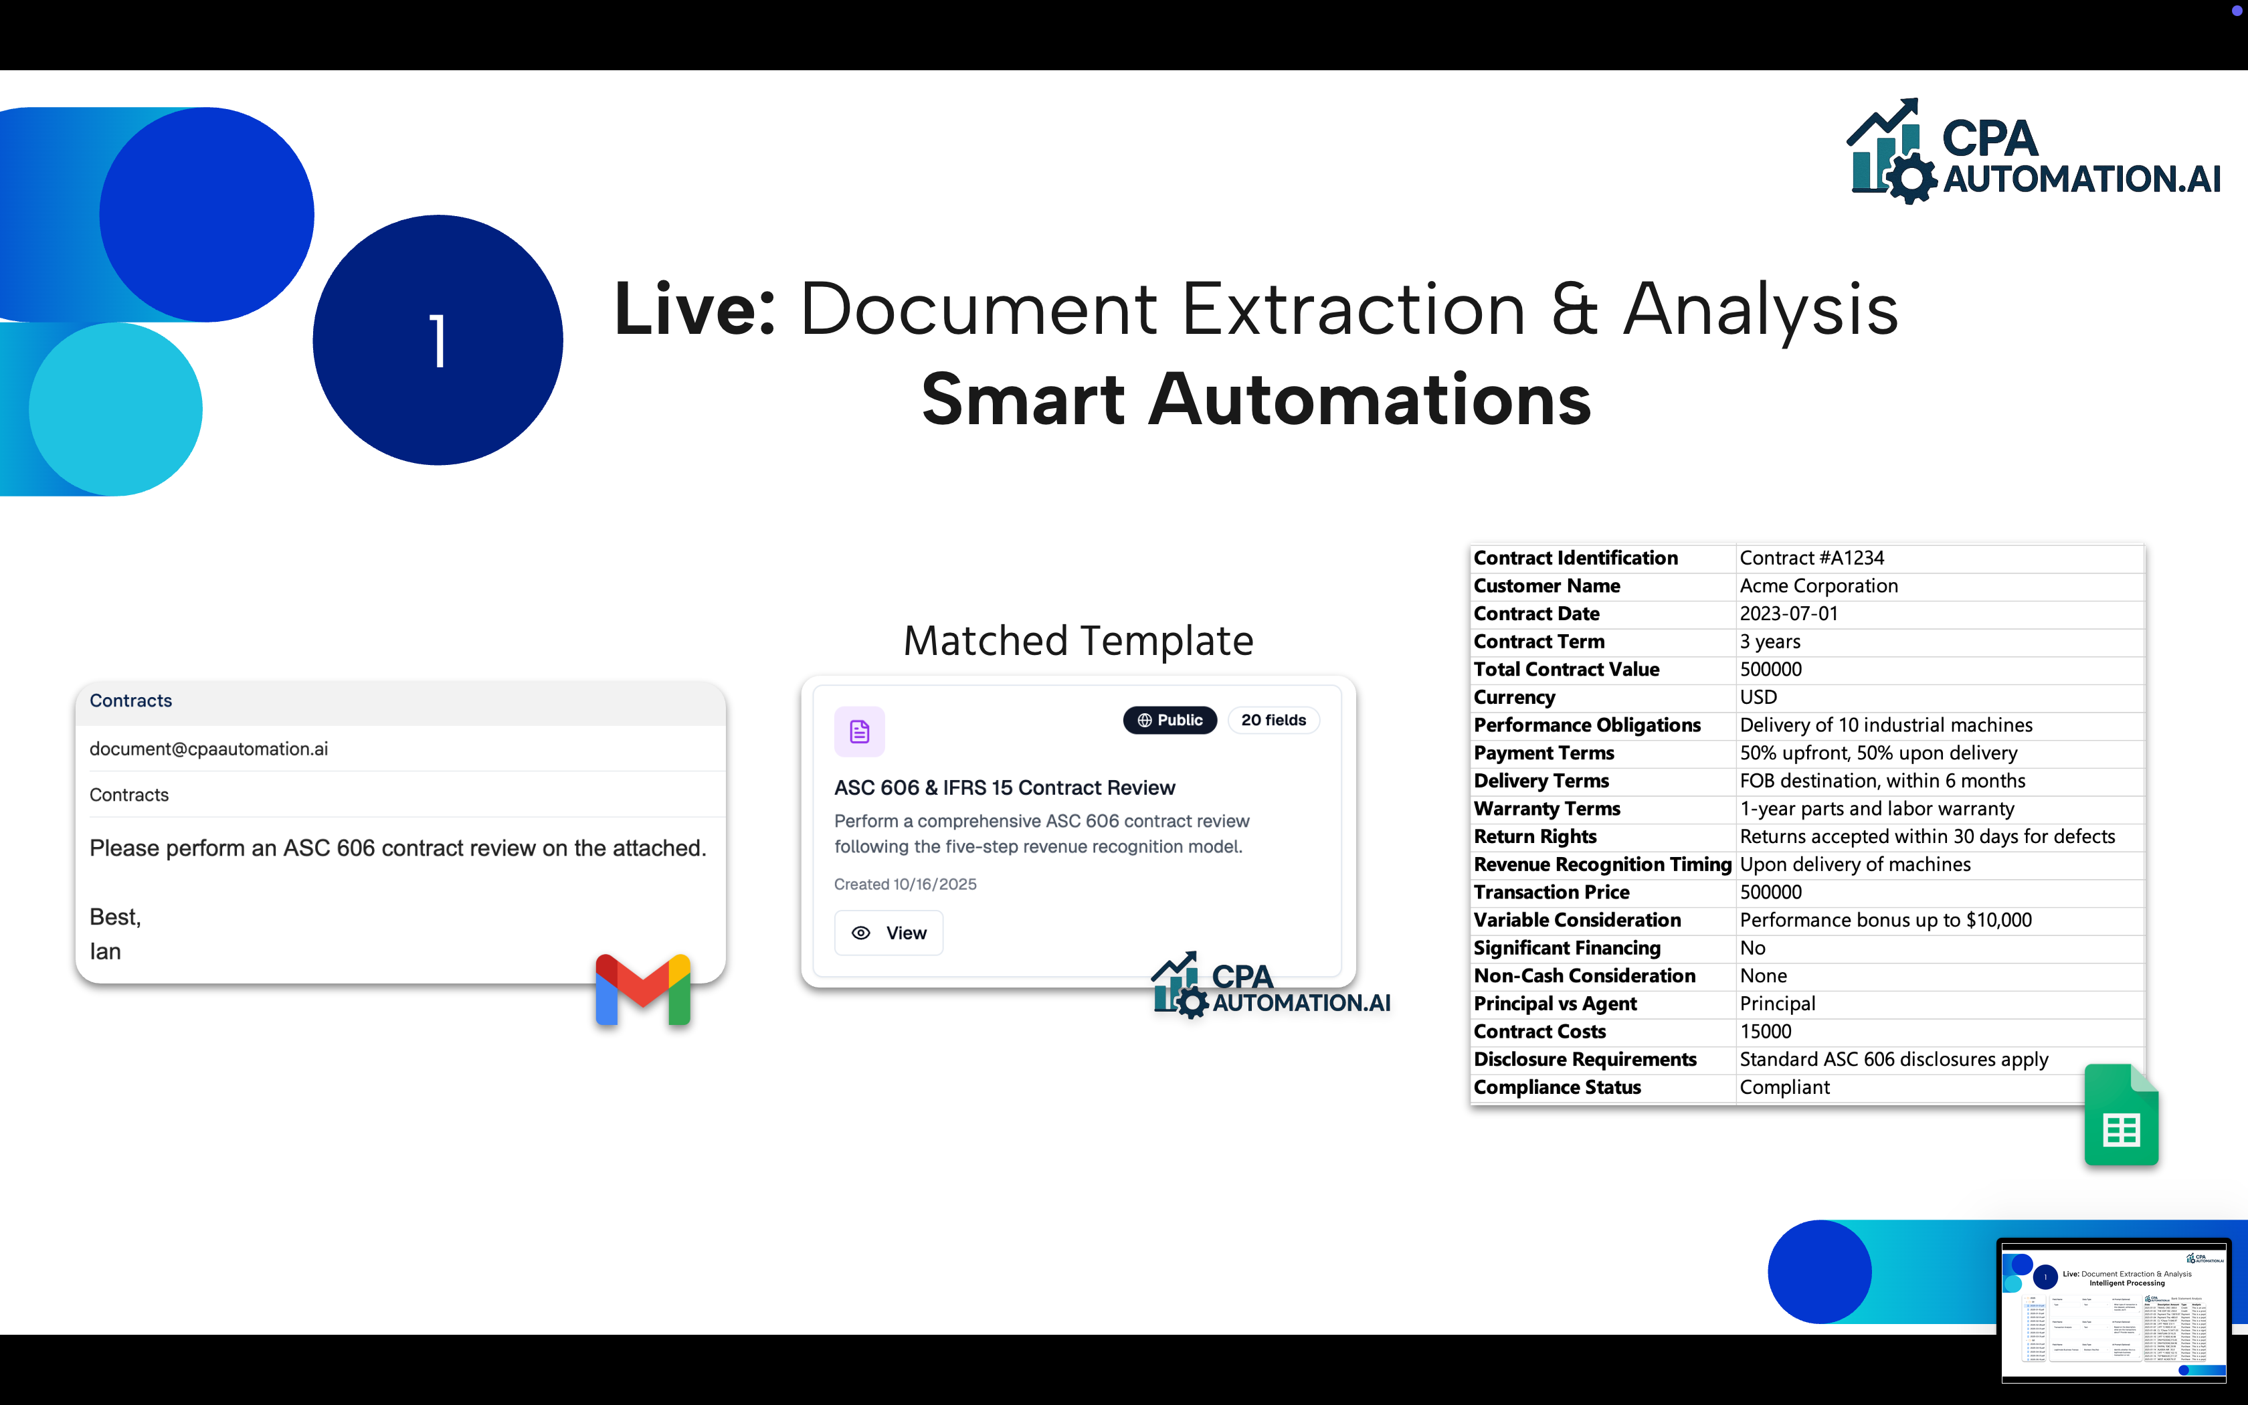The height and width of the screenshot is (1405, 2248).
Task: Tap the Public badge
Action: pos(1169,720)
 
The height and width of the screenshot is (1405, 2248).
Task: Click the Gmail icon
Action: pos(643,990)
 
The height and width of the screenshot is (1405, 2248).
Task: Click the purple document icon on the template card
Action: pos(859,732)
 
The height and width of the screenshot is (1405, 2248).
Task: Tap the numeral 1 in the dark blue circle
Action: pos(438,341)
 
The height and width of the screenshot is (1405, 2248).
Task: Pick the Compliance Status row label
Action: pos(1557,1088)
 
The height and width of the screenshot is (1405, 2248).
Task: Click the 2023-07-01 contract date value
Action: pos(1788,614)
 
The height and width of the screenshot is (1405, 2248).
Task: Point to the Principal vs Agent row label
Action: pos(1555,1004)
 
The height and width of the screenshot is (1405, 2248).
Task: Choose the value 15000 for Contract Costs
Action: pos(1765,1032)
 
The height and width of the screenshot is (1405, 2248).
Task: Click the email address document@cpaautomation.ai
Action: pos(209,749)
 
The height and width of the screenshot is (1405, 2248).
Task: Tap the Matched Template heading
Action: pos(1078,641)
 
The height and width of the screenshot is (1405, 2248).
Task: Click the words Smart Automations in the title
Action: pos(1256,399)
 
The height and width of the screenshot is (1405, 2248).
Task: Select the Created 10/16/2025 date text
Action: pos(905,884)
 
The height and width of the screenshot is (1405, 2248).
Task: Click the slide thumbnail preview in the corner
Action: pos(2114,1310)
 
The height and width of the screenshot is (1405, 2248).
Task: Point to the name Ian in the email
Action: pos(105,951)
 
